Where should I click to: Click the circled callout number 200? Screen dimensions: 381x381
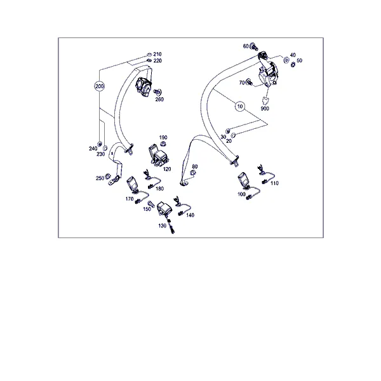coord(100,86)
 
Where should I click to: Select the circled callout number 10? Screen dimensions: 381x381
coord(240,107)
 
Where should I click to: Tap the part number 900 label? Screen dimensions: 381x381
coord(265,109)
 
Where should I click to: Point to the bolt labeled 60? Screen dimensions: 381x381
coord(254,46)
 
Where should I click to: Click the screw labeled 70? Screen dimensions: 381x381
coord(248,82)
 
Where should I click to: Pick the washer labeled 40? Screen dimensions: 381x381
coord(286,59)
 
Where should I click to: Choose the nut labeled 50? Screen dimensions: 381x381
coord(293,64)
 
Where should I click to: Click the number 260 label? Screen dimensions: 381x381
coord(159,100)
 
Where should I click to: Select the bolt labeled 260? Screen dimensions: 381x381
coord(157,92)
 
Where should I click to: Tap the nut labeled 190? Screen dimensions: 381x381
coord(163,144)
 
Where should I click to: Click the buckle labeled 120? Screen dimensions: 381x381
coord(158,156)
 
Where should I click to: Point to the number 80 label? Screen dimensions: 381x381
coord(195,166)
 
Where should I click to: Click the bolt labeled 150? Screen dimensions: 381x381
coord(150,204)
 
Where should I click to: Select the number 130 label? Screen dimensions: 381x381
coord(162,225)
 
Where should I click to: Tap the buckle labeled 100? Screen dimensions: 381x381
coord(244,180)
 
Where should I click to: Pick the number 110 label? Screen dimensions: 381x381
coord(274,184)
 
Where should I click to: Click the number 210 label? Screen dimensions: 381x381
coord(157,54)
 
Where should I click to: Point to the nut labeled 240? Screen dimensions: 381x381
coord(99,144)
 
